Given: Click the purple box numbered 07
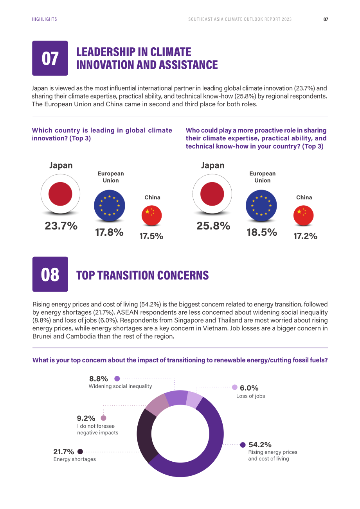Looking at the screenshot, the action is [x=50, y=58].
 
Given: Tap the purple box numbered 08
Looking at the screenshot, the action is [x=50, y=274].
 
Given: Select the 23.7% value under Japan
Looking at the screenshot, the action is [x=61, y=226].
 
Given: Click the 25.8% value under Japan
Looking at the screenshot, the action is [x=213, y=226].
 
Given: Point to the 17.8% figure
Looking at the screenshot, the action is [x=109, y=232].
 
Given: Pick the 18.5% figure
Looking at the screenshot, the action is [x=262, y=232].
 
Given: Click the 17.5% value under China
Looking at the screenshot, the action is [x=151, y=236].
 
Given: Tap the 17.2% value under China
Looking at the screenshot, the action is [x=305, y=236].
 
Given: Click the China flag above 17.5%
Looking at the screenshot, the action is [x=152, y=215].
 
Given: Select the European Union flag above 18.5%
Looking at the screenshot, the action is [x=261, y=205].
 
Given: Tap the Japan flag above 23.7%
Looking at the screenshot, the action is [x=60, y=194].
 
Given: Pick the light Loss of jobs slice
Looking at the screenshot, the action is [x=193, y=400].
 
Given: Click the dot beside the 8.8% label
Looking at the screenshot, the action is [x=117, y=378].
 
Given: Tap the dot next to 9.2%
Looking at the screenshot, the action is [x=103, y=418].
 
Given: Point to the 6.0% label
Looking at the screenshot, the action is [x=249, y=388].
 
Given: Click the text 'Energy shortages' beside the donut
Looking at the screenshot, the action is [x=75, y=459].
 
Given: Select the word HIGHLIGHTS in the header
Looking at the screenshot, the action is [x=44, y=19].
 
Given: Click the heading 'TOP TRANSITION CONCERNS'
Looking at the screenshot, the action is [x=142, y=275].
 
